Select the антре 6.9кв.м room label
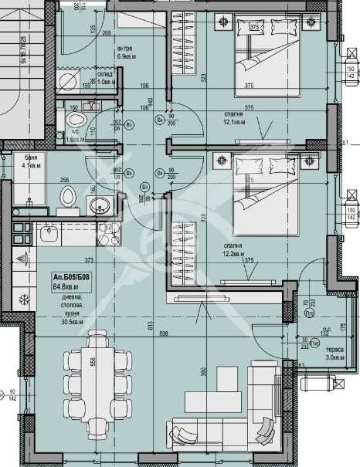(x=127, y=52)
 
